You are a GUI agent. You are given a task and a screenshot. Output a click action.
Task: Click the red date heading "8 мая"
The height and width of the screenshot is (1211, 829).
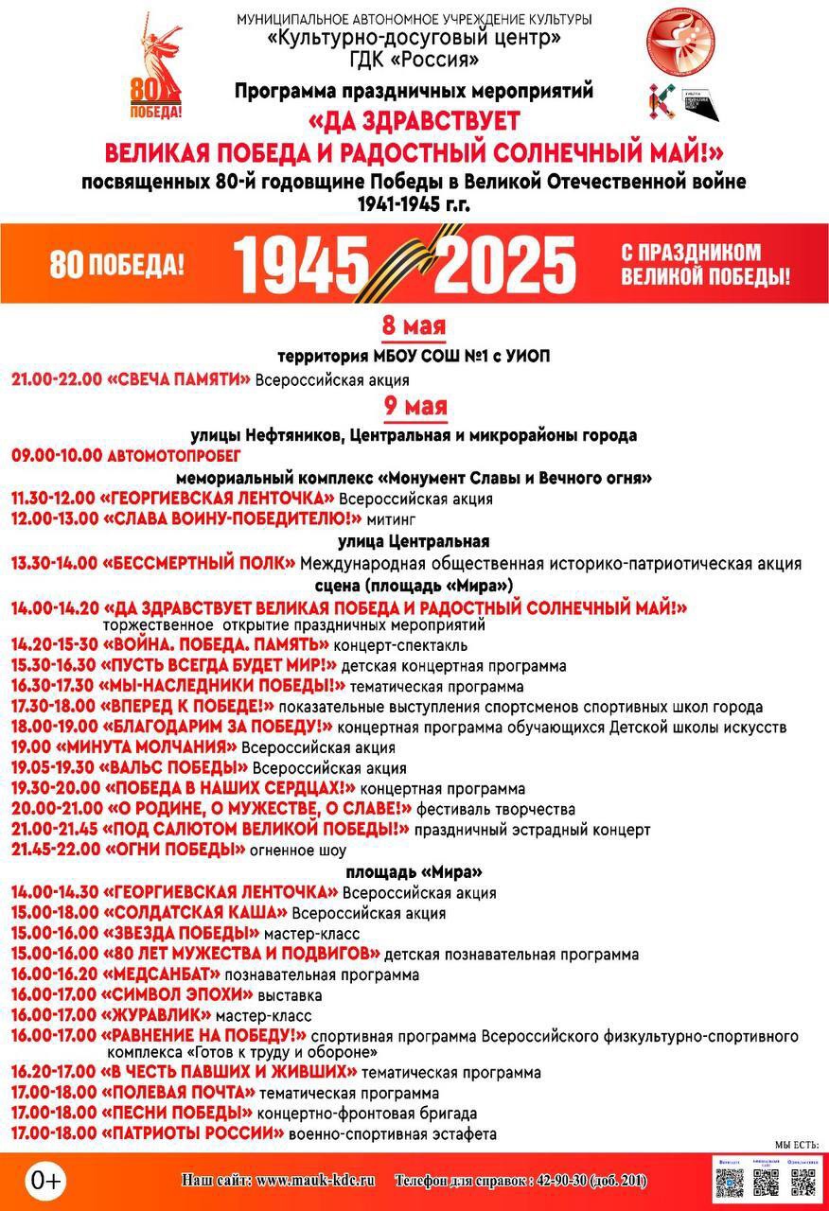click(x=414, y=326)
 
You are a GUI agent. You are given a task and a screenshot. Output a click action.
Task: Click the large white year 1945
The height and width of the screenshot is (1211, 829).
click(x=302, y=264)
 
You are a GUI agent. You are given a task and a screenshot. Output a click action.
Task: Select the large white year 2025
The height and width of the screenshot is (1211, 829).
click(x=508, y=264)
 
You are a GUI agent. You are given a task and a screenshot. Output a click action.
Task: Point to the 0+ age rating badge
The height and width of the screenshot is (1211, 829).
click(x=45, y=1180)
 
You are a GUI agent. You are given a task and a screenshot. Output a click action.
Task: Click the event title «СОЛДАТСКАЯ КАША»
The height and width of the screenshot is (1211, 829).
click(x=195, y=913)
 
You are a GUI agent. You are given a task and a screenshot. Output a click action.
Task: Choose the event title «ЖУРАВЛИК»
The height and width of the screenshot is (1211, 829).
click(x=156, y=1014)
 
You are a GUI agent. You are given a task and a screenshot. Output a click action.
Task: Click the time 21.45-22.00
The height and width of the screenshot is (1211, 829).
click(x=54, y=850)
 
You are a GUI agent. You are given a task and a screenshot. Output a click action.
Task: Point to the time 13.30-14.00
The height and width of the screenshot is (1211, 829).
click(x=54, y=564)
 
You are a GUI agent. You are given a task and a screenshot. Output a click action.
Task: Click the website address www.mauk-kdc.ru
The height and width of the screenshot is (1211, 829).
click(x=316, y=1181)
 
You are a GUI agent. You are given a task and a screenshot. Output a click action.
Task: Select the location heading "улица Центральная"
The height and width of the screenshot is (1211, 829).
click(x=414, y=542)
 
